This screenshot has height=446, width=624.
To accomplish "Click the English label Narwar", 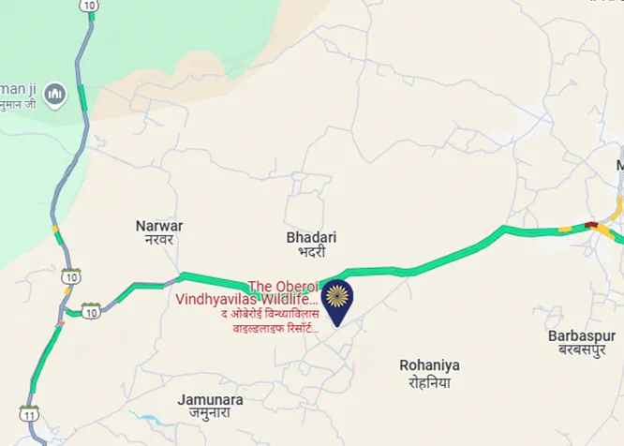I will coord(159,226).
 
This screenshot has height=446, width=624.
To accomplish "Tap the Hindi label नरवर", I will coord(159,240).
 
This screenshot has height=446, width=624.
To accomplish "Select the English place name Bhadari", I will coord(311,238).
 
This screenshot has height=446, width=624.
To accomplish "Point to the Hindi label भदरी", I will coord(311,252).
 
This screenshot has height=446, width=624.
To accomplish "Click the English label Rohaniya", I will coord(425,365).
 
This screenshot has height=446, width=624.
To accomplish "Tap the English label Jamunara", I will coord(211,400).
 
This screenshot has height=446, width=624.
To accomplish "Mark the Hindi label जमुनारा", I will coord(211,415).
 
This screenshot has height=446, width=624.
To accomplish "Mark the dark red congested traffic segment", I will coord(590,225).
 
